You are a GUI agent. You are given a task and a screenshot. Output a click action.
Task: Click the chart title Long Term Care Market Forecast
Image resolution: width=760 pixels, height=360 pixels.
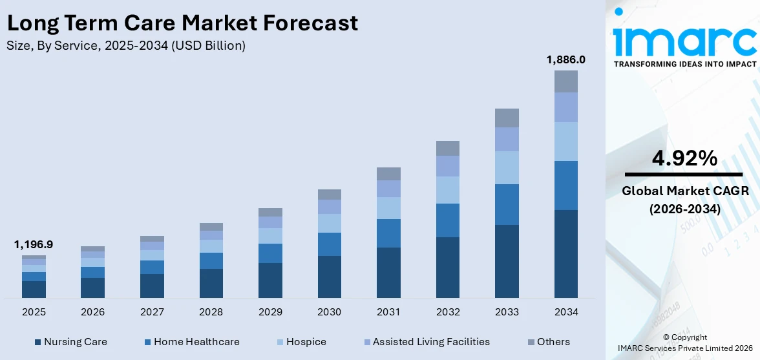point(182,23)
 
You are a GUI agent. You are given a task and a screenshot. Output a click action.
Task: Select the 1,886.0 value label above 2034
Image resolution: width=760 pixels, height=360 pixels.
point(565,59)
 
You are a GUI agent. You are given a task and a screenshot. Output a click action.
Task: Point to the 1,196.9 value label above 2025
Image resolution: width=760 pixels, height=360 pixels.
point(34,244)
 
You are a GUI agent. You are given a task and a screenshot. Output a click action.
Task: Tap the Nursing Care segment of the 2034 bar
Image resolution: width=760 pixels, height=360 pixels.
point(565,253)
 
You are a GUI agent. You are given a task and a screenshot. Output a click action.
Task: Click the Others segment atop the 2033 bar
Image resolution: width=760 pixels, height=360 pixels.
point(507,118)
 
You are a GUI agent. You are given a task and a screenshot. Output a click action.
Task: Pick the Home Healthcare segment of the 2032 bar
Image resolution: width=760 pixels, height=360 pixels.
point(447,220)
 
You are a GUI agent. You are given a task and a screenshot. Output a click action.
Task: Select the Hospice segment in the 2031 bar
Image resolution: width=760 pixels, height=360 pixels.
point(388,208)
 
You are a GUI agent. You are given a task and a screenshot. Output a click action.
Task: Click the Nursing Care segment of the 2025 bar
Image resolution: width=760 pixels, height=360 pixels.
point(34,290)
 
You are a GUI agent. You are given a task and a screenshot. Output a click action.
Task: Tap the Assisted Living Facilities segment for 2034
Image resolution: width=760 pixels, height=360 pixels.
point(565,107)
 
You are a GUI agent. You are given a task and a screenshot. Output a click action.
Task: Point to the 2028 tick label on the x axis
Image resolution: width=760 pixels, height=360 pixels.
point(211,312)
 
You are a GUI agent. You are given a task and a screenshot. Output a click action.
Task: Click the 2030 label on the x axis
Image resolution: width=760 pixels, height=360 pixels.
point(329,312)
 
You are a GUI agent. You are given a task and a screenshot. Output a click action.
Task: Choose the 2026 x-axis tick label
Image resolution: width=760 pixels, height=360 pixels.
point(92,312)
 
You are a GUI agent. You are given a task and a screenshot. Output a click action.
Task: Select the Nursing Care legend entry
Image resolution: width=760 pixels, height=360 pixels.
point(71,342)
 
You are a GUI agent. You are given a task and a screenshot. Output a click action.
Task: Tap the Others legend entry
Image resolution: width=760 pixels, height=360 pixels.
point(549,342)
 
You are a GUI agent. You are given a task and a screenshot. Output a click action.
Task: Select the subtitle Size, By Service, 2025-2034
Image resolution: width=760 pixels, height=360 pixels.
point(126,46)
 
